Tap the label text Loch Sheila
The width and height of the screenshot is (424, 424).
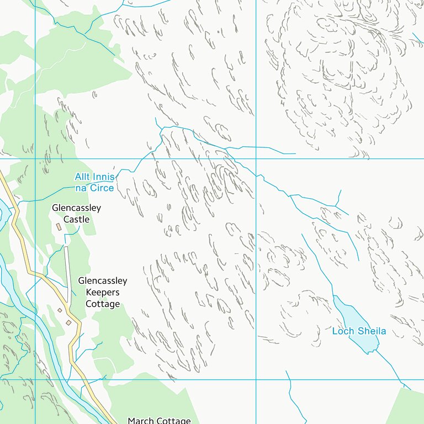[x=359, y=331]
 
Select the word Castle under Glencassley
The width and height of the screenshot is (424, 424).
[x=76, y=219]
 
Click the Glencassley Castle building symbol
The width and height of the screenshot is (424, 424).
[x=59, y=227]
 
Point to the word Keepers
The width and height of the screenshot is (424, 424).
[x=103, y=293]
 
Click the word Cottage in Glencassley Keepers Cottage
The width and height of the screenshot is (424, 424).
[x=103, y=304]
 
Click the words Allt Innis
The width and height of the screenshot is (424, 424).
[x=95, y=177]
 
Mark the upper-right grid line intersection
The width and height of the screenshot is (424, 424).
[x=256, y=159]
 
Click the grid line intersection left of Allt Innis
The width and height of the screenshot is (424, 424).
[x=35, y=159]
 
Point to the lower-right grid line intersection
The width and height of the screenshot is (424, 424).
[x=256, y=379]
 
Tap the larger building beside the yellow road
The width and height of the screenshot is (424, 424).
[x=68, y=322]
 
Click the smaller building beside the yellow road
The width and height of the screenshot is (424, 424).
[x=60, y=311]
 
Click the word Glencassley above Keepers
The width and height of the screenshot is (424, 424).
[x=103, y=281]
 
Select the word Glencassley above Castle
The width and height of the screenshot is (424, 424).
[x=76, y=208]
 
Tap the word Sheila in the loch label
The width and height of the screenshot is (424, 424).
[x=371, y=331]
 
